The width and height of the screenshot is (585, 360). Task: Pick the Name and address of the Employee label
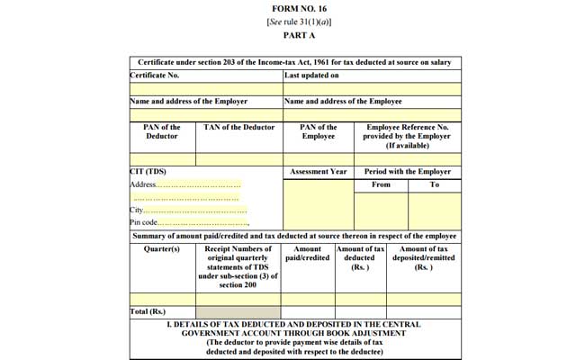click(x=343, y=102)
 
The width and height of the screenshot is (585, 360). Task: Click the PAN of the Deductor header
click(x=162, y=131)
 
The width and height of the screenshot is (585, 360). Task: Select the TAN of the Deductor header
click(x=238, y=127)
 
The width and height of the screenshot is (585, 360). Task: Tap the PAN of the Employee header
click(x=319, y=131)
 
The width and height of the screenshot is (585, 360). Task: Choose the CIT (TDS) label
click(x=148, y=171)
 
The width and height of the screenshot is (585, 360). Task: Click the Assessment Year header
click(x=318, y=171)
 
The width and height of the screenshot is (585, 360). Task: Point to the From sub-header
click(x=381, y=184)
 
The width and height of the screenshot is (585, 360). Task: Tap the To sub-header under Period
click(x=434, y=184)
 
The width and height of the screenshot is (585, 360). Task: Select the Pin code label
click(x=144, y=222)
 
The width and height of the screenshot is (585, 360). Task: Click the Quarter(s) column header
click(x=162, y=249)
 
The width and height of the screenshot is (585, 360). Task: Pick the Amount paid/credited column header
click(x=307, y=254)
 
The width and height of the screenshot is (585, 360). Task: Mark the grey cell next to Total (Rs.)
click(x=238, y=311)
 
